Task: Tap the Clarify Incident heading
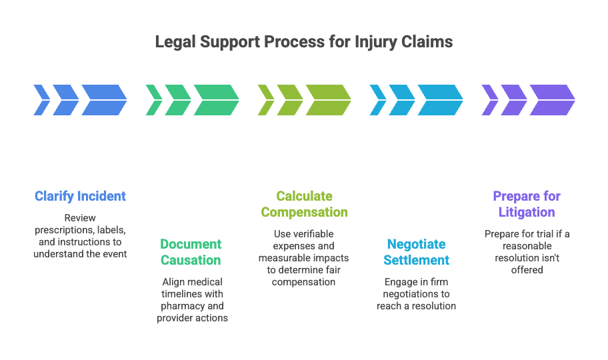80,196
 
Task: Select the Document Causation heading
191,252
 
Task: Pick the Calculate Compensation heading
305,204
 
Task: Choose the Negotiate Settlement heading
417,252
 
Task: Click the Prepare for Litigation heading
527,204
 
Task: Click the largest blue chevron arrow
104,100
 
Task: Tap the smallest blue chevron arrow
42,100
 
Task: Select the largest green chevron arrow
217,100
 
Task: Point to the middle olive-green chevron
291,100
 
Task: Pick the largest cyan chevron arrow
441,100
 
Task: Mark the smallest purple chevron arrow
490,100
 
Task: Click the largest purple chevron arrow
553,100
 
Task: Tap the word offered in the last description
527,270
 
